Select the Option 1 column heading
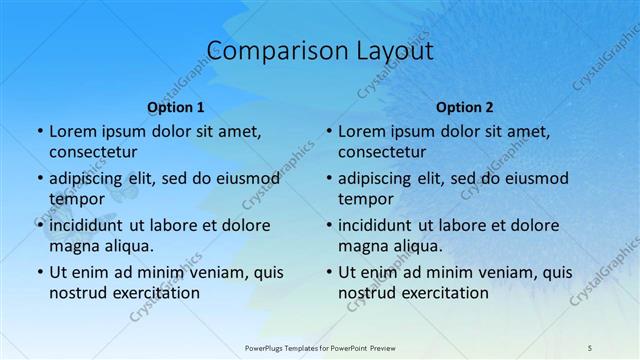[176, 107]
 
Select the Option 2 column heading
[465, 107]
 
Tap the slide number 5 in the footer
[590, 346]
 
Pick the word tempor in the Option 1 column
[77, 198]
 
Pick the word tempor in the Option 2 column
[366, 198]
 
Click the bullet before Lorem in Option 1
[39, 131]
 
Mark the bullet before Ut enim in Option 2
[328, 272]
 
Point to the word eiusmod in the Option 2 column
[534, 179]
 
